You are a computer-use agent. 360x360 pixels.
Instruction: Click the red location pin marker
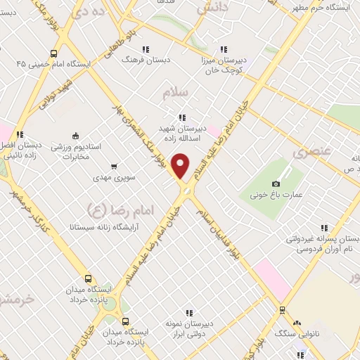pyautogui.click(x=181, y=166)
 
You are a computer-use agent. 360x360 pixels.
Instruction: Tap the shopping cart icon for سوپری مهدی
pyautogui.click(x=114, y=167)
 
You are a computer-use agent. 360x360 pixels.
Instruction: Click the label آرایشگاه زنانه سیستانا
pyautogui.click(x=96, y=227)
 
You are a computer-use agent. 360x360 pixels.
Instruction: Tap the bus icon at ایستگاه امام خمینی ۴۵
pyautogui.click(x=53, y=53)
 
